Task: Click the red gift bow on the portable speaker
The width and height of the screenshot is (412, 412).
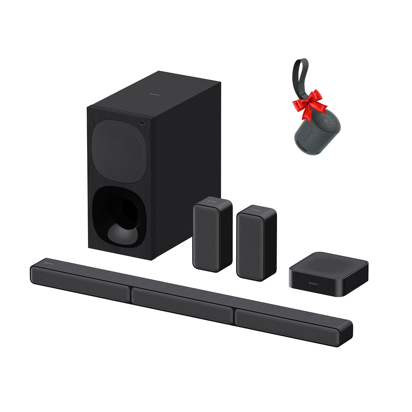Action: [x=309, y=104]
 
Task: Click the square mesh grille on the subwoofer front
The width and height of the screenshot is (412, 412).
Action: [x=119, y=151]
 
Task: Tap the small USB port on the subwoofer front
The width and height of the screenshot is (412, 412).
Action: [x=141, y=124]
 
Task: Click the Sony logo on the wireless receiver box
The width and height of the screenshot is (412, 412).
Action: [x=314, y=284]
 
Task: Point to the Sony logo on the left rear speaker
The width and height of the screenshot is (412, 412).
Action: [x=212, y=202]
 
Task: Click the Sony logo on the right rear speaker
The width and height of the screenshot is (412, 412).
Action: [x=256, y=211]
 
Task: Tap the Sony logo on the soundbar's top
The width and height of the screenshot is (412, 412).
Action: [x=48, y=264]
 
